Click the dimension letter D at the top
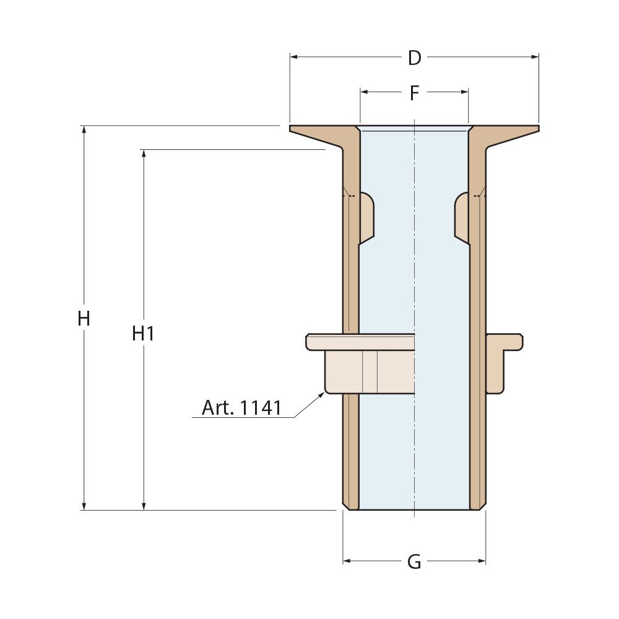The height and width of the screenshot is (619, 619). click(x=415, y=58)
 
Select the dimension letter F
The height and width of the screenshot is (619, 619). click(x=415, y=93)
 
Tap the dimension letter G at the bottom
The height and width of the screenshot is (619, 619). click(x=415, y=562)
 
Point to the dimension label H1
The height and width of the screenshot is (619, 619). click(x=143, y=334)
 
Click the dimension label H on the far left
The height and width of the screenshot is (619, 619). click(x=84, y=319)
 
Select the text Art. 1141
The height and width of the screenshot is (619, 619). click(x=241, y=408)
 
